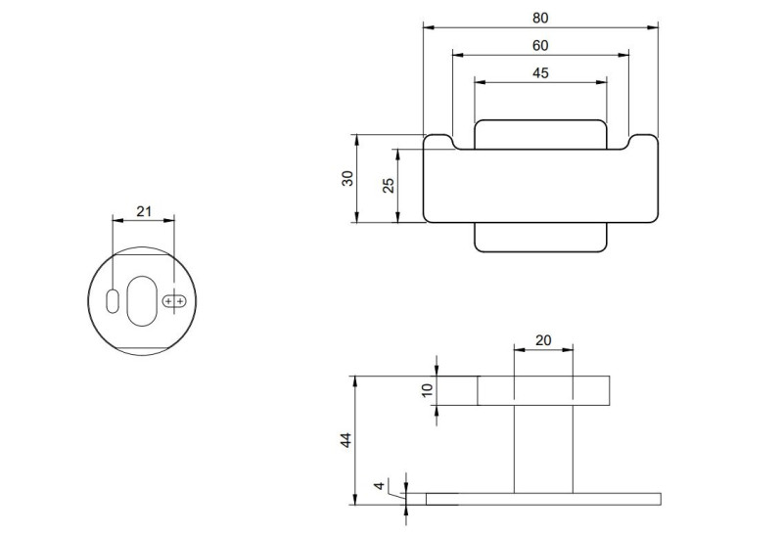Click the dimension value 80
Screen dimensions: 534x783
click(541, 18)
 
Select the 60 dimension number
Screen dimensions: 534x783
click(541, 45)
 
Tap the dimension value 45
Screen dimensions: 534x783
click(541, 72)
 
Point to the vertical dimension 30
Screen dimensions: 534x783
click(347, 178)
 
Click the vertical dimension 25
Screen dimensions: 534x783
click(389, 185)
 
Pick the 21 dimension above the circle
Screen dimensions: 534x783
click(144, 210)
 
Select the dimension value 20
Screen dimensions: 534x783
click(544, 339)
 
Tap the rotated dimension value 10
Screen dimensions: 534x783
click(426, 390)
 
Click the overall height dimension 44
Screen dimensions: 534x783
click(345, 441)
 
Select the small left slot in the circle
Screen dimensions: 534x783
click(113, 299)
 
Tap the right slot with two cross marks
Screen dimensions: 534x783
click(175, 301)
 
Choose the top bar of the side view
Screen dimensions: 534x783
click(543, 390)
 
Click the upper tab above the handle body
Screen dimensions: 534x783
click(541, 134)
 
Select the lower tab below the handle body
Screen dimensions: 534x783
click(541, 238)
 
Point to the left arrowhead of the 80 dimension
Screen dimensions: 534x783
click(428, 26)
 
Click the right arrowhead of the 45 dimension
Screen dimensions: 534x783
click(603, 81)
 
